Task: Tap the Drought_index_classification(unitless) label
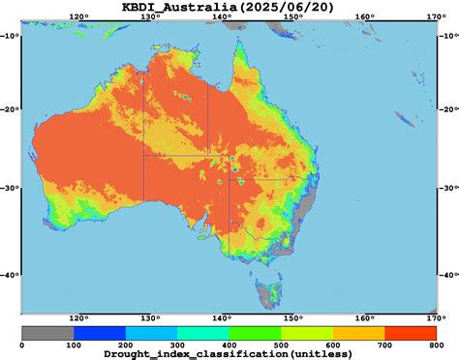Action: tap(229, 354)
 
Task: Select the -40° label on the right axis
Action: tap(448, 275)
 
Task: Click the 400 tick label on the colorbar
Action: tap(229, 344)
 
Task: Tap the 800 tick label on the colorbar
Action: tap(436, 344)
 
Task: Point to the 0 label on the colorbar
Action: tap(22, 344)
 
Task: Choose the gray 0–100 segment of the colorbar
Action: tap(47, 332)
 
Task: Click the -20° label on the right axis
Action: tap(448, 109)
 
